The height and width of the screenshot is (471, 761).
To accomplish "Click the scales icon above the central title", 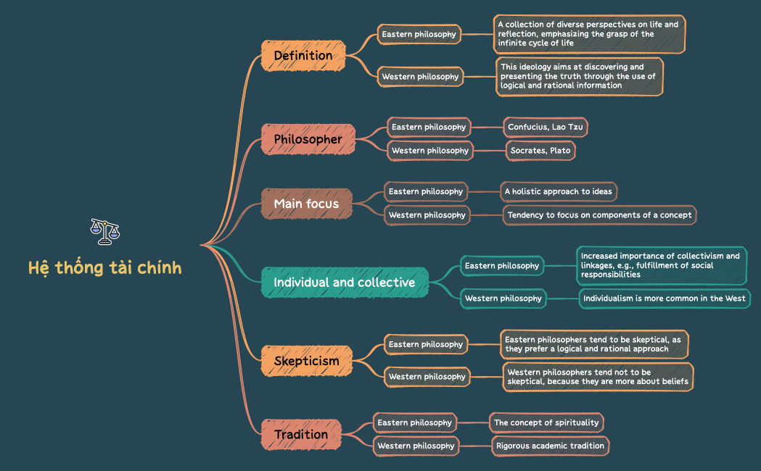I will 105,232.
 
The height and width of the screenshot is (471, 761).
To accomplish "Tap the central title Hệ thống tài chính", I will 105,268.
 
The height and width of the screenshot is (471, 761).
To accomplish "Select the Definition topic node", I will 303,56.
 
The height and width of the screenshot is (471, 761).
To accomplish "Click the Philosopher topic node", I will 308,138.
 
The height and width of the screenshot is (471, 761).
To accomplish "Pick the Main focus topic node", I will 306,204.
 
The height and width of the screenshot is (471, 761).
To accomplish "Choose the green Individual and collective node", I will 345,282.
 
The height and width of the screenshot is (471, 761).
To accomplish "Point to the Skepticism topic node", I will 306,360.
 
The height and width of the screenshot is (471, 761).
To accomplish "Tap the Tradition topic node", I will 300,434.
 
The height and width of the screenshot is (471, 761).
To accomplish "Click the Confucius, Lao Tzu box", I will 546,128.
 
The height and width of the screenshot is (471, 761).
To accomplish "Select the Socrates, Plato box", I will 540,151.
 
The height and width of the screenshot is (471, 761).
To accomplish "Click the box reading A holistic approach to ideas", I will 559,192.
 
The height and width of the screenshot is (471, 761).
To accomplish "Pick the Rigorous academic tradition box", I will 550,446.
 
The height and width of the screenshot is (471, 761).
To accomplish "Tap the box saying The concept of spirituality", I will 546,422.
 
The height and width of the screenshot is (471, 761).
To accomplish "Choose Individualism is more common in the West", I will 665,299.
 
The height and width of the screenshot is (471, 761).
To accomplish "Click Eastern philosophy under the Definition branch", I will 419,34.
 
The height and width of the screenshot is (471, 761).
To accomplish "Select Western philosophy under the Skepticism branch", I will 427,377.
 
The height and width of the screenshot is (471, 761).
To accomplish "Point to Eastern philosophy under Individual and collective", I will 502,266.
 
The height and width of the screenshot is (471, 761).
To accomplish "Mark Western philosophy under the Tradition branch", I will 416,446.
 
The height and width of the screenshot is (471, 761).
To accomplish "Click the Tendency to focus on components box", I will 599,215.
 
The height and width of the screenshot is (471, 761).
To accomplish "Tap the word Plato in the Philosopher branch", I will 560,151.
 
